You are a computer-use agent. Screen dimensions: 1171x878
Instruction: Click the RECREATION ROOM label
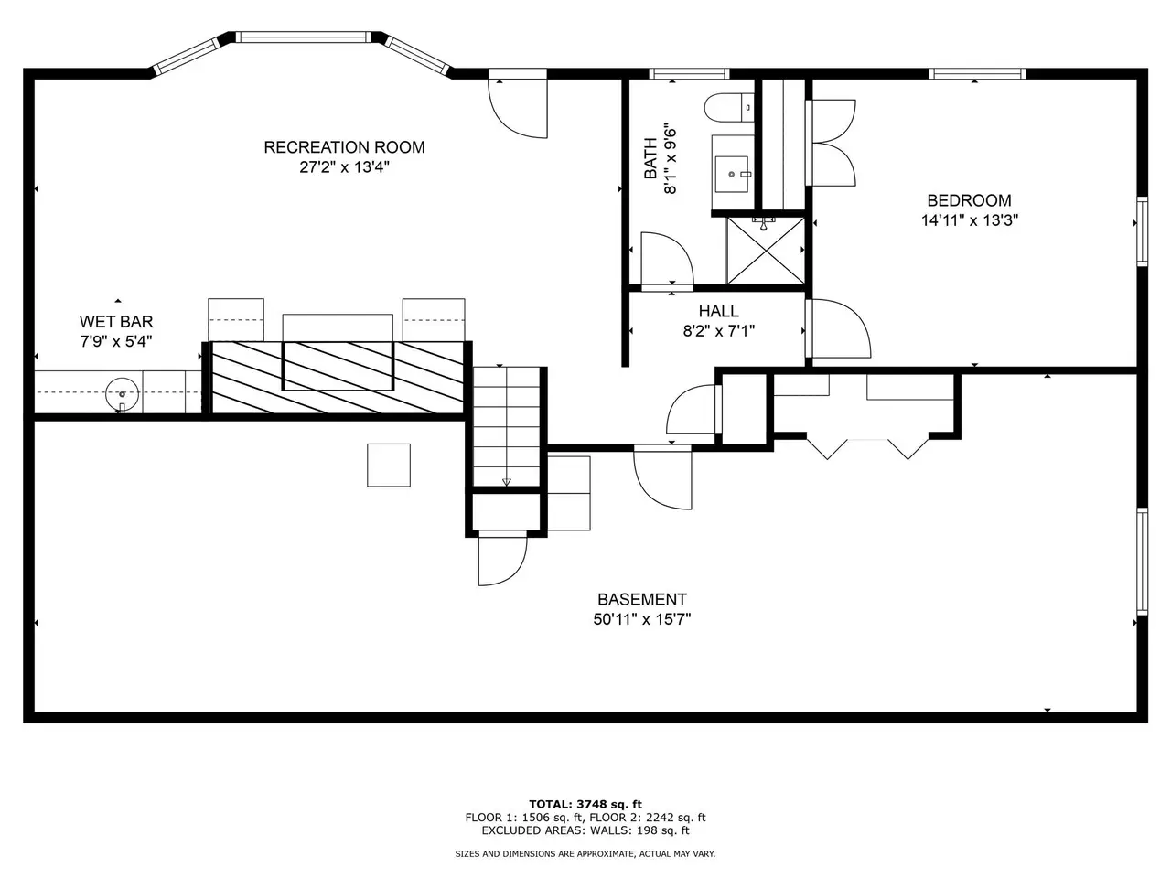click(x=344, y=147)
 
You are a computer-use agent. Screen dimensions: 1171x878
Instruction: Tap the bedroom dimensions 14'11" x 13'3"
click(x=970, y=220)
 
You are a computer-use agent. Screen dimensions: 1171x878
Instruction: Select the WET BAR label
click(x=116, y=321)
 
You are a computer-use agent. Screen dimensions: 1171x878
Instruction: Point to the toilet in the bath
click(x=729, y=108)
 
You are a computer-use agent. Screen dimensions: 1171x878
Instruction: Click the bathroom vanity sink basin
click(x=733, y=175)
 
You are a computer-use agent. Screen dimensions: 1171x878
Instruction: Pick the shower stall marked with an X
click(x=766, y=251)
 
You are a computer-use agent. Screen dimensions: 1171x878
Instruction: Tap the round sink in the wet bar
click(x=123, y=394)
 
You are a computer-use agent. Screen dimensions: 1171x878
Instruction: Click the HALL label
click(x=718, y=311)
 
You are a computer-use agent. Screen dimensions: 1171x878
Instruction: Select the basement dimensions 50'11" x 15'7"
click(x=642, y=619)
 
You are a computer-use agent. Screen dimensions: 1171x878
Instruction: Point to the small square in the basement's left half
click(x=389, y=465)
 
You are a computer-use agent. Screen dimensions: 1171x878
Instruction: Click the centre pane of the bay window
click(x=303, y=37)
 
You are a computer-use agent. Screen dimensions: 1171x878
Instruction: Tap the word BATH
click(x=650, y=158)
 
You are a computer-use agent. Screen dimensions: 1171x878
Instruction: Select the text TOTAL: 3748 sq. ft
click(x=585, y=804)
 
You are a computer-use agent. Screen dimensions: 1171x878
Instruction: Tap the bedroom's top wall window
click(x=977, y=73)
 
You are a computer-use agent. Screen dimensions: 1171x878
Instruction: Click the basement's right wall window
click(x=1142, y=562)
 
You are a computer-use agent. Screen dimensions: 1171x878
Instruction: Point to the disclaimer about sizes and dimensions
click(x=585, y=853)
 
